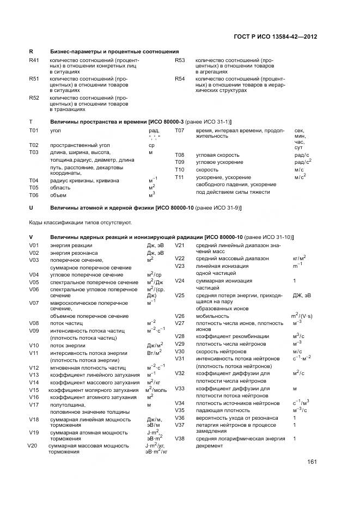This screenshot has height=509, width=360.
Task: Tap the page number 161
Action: (x=312, y=462)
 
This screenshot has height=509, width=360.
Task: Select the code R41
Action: (x=34, y=60)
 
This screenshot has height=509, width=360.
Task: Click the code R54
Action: (x=180, y=79)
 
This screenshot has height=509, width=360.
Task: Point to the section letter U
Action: (x=31, y=208)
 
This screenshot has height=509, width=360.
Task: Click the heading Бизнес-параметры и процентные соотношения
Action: (x=114, y=51)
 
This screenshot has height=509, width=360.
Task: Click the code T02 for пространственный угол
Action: (x=34, y=145)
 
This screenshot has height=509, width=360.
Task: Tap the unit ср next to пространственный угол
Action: (x=151, y=145)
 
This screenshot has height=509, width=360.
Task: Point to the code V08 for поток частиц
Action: (x=34, y=323)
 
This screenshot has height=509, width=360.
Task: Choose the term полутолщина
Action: (x=66, y=404)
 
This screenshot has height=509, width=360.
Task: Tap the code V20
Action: (x=32, y=446)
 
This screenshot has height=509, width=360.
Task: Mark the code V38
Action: (x=180, y=438)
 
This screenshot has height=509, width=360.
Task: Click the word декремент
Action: (x=209, y=446)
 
